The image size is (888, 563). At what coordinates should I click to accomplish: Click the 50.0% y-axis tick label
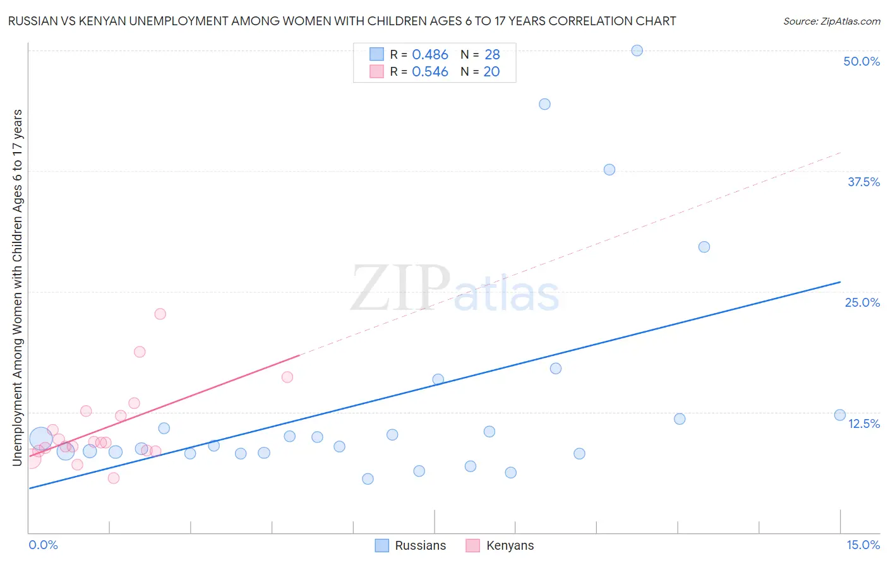click(x=861, y=61)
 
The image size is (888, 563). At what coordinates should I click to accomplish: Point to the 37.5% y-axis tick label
click(x=863, y=182)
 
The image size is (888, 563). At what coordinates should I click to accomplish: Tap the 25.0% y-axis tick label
click(x=862, y=302)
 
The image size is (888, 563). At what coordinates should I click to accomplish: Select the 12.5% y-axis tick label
click(x=863, y=424)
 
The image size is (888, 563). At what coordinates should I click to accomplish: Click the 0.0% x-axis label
click(x=43, y=545)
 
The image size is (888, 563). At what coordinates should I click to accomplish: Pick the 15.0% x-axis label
click(x=863, y=545)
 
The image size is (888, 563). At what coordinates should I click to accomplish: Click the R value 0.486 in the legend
click(x=430, y=55)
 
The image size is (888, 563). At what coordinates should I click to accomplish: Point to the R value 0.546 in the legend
click(x=430, y=72)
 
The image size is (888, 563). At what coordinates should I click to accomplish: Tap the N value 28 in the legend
click(x=492, y=55)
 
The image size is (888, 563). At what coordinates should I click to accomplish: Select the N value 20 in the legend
click(x=491, y=72)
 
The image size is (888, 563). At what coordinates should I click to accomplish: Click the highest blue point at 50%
click(x=637, y=50)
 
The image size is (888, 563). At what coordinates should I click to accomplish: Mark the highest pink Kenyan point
click(x=160, y=314)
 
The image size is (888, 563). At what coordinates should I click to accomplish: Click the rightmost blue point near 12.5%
click(x=840, y=415)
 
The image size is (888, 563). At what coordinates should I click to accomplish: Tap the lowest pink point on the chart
click(x=114, y=478)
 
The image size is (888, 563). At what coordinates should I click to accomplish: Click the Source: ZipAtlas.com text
click(x=831, y=21)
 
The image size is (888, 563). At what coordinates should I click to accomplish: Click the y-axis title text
click(x=17, y=287)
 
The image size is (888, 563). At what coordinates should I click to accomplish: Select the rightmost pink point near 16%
click(x=287, y=377)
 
